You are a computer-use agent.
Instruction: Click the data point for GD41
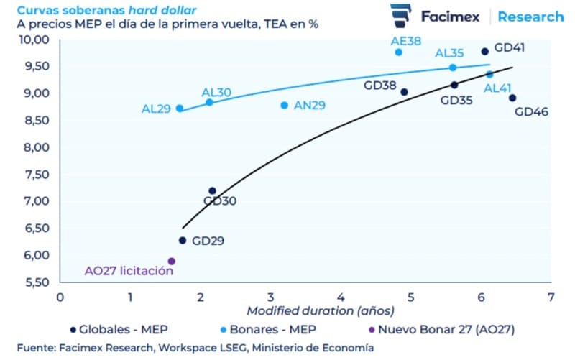(x=485, y=52)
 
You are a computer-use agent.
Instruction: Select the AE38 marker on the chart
(x=399, y=52)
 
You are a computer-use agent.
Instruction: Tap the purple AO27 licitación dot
(x=172, y=262)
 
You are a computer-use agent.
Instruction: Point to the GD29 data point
(x=183, y=241)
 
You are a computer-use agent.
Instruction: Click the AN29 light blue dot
(x=285, y=106)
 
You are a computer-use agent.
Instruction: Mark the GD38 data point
(x=404, y=92)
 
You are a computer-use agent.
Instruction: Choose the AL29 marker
(x=180, y=109)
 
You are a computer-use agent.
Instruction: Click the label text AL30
(x=216, y=92)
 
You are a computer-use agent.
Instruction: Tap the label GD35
(x=456, y=101)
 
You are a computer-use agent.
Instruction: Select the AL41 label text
(x=497, y=88)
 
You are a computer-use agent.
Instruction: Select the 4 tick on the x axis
(x=341, y=296)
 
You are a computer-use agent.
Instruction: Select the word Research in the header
(x=530, y=16)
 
